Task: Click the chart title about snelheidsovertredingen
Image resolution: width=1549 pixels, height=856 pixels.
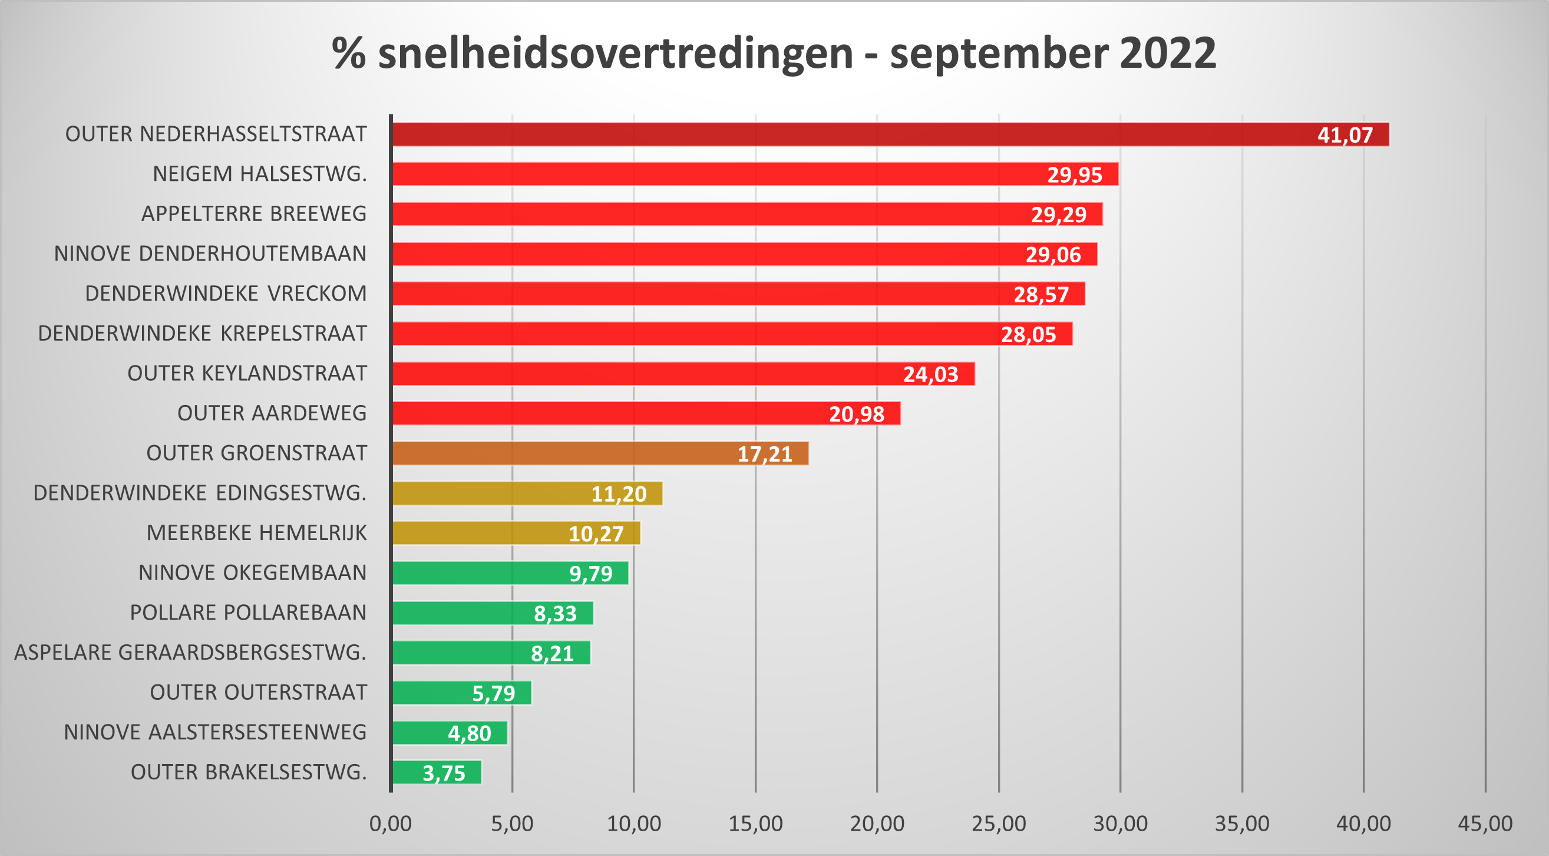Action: click(774, 53)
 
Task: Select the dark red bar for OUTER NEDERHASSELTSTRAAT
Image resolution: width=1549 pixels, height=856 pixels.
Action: click(842, 134)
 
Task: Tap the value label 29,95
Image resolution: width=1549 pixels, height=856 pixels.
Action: click(1075, 175)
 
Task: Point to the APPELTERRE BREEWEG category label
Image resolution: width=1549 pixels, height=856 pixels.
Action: click(254, 213)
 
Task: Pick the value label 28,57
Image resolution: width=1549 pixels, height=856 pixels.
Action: click(1041, 294)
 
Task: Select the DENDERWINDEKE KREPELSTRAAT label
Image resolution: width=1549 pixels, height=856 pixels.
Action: click(202, 333)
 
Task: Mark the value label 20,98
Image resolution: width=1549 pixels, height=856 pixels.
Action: click(856, 414)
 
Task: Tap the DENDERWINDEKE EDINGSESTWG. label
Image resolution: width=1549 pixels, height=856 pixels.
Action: click(200, 493)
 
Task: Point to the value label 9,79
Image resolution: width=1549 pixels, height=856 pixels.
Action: click(590, 573)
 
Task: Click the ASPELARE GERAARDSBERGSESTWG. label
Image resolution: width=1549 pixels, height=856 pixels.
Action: click(190, 652)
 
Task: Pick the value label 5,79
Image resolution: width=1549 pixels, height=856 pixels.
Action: click(493, 693)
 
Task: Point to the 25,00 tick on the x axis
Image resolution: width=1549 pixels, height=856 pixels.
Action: click(999, 824)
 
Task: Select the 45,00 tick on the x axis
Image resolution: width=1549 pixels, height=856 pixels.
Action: click(1485, 824)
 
